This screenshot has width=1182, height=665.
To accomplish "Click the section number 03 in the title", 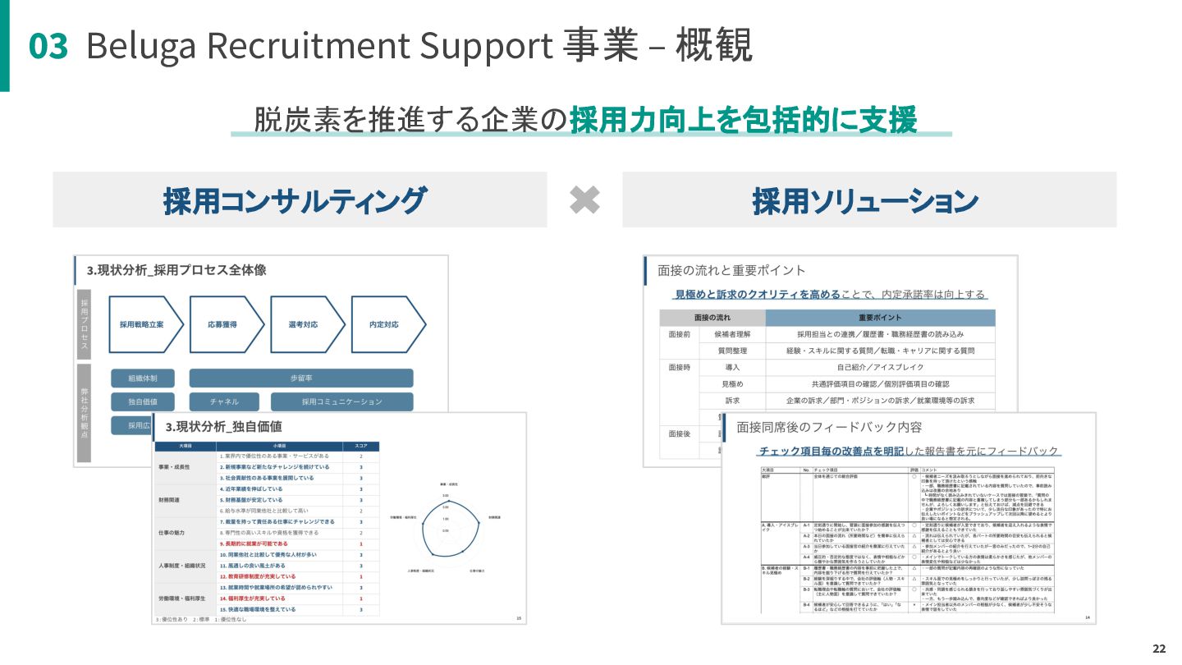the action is pos(48,47).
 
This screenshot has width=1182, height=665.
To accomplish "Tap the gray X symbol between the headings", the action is pos(584,199).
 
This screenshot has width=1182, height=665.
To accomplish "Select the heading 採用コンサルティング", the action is pos(295,200).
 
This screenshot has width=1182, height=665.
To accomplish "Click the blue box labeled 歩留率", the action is pos(301,378).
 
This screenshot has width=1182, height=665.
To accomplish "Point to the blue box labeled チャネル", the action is pos(224,401).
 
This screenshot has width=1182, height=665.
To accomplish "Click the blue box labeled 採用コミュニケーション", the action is pos(341,401).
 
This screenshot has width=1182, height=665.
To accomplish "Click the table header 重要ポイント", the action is pos(880,318).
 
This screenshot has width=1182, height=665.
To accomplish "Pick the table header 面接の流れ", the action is pos(712,318).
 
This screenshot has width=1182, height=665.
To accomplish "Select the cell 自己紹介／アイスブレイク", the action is pos(880,367).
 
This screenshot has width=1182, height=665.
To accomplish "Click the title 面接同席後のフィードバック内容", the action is pos(829,427).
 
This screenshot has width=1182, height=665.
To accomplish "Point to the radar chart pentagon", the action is pos(444,529).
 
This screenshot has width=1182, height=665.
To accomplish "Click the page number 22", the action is pos(1159,649).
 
